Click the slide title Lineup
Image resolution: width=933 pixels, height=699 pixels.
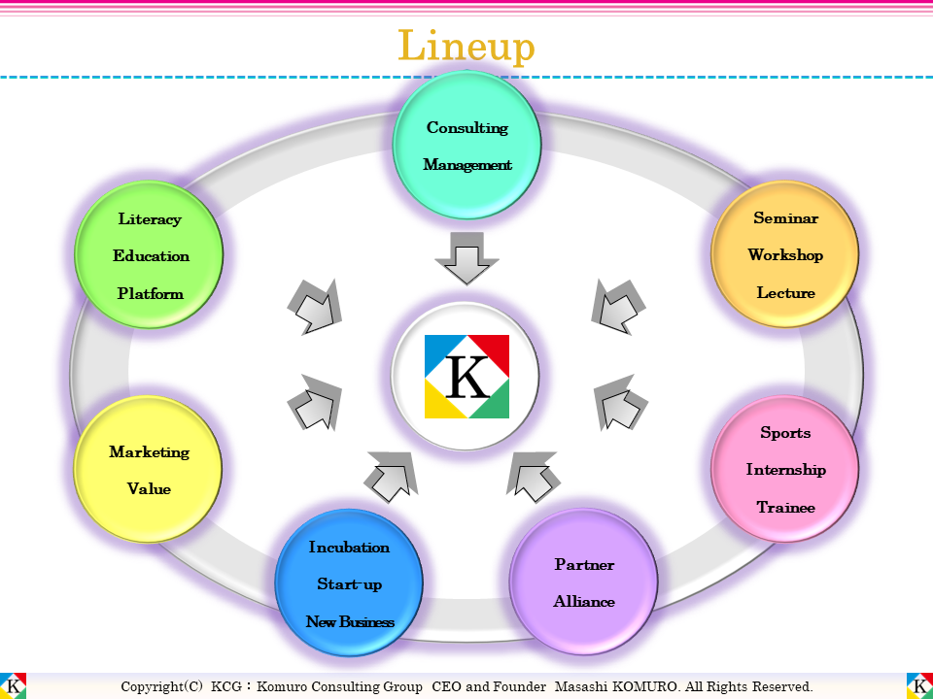click(x=466, y=46)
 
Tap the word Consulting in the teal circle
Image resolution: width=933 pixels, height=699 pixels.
click(x=467, y=128)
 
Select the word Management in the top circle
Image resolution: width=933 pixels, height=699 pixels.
click(x=467, y=165)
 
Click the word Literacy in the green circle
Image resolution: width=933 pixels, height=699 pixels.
click(x=150, y=219)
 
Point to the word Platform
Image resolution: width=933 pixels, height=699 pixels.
click(x=150, y=293)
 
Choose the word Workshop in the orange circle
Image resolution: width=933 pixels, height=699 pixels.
click(x=785, y=255)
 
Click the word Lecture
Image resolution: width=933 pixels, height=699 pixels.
click(x=785, y=293)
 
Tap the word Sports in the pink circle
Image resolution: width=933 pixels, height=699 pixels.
click(x=785, y=433)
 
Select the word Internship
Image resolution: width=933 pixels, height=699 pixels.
click(x=785, y=470)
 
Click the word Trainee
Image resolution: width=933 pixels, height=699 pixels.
click(x=785, y=508)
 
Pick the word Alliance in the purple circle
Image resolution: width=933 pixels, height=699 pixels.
click(x=584, y=602)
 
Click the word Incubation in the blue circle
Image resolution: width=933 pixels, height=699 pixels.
click(x=349, y=548)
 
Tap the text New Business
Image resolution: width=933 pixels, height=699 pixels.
click(x=349, y=622)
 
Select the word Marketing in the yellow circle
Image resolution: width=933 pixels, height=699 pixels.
click(x=149, y=452)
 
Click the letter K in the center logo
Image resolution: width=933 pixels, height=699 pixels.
click(x=467, y=378)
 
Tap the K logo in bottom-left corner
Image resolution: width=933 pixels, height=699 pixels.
click(x=14, y=685)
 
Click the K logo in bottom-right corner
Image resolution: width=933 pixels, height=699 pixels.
click(x=919, y=685)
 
